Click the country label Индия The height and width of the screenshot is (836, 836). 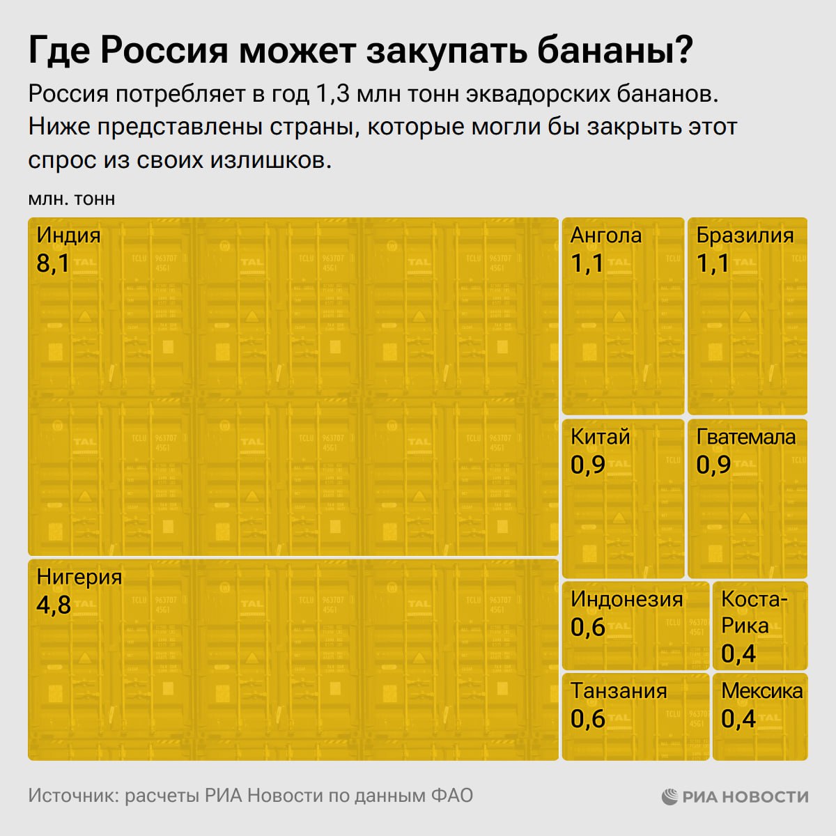(x=68, y=235)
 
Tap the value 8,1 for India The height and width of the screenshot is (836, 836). (x=52, y=263)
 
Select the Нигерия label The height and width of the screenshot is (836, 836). (x=79, y=577)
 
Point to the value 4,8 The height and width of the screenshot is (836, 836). (x=54, y=605)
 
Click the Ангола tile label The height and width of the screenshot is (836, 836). (x=605, y=235)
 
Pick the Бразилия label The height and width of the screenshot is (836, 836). (x=745, y=235)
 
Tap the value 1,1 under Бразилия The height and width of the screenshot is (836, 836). (x=713, y=263)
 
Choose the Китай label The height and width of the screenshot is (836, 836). (x=600, y=437)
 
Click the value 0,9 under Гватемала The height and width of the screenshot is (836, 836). (x=713, y=465)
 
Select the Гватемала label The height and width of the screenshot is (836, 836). (x=745, y=437)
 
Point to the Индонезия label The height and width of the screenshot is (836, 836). (x=626, y=599)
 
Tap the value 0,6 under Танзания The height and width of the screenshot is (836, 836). (x=587, y=718)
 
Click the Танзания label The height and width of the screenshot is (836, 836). (x=619, y=690)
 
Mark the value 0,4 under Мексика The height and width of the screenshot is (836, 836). (x=738, y=718)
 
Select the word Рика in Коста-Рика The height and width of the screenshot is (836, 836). (x=744, y=626)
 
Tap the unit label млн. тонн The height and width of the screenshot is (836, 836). (x=71, y=199)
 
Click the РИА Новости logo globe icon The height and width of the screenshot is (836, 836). (x=669, y=796)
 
